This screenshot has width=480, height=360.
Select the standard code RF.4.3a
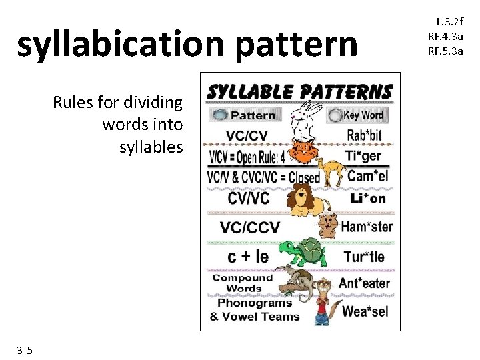point(445,37)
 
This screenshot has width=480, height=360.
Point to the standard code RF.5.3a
point(445,51)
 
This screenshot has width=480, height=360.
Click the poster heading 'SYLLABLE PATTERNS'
point(299,91)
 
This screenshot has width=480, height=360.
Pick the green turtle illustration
point(304,252)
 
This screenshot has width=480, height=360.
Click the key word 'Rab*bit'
point(365,136)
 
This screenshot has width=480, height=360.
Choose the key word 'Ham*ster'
point(366,227)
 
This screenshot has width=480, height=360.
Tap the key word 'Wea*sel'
point(365,311)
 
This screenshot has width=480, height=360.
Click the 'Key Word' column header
point(364,115)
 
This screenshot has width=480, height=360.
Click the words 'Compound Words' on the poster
point(243,283)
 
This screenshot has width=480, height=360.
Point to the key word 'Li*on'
point(368,198)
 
